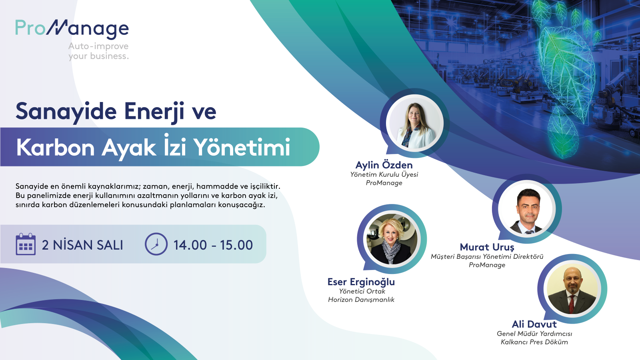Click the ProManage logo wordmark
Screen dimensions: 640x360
click(x=72, y=29)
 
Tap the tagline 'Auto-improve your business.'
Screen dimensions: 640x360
click(x=98, y=51)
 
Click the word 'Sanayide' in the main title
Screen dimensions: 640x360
click(x=66, y=112)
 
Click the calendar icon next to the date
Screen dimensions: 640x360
click(x=26, y=244)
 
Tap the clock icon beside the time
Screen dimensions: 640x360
click(x=156, y=244)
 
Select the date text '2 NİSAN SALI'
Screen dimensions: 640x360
click(x=82, y=245)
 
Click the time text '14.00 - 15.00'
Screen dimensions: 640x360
click(x=213, y=245)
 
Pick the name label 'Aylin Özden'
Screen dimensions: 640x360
click(x=384, y=165)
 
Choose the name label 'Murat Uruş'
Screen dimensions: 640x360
click(x=487, y=247)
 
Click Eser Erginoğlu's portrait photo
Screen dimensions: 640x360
click(x=392, y=239)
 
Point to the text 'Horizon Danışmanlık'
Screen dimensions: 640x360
click(x=361, y=300)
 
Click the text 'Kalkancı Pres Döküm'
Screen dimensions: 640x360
click(x=534, y=342)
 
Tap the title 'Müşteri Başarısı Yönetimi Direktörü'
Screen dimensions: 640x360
click(x=487, y=256)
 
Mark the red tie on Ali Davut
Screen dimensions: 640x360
click(x=572, y=304)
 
